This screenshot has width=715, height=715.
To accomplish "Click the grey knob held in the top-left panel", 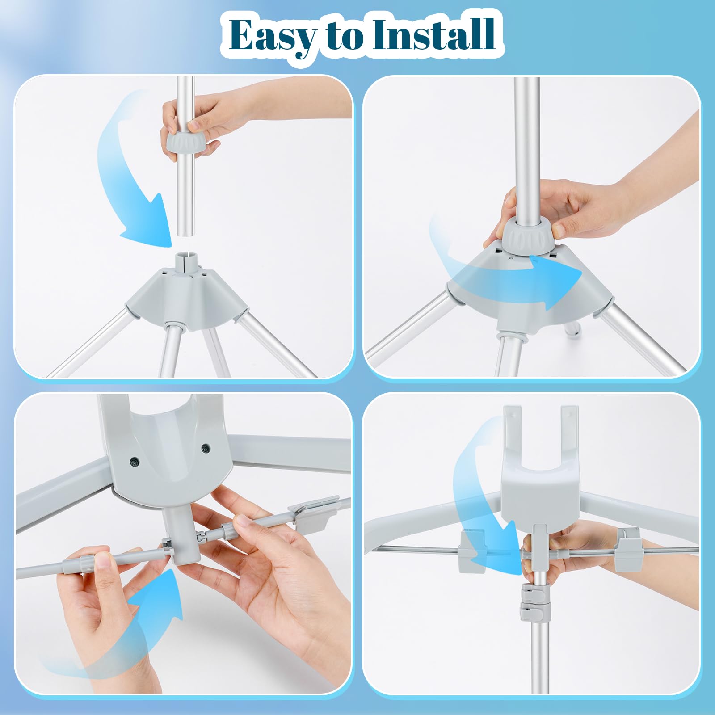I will tap(185, 143).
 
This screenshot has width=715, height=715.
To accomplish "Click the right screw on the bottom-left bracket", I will tap(205, 447).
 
